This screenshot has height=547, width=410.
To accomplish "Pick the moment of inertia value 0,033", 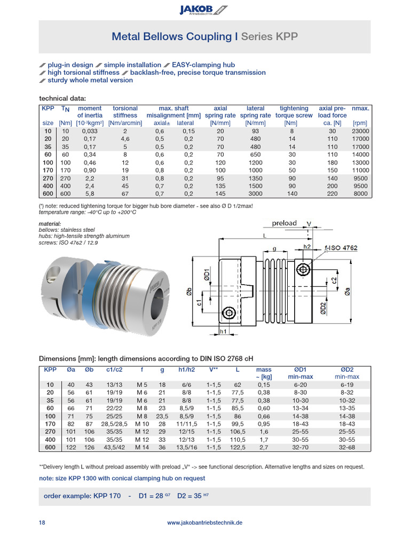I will [89, 131].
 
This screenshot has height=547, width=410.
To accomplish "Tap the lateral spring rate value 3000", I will [255, 193].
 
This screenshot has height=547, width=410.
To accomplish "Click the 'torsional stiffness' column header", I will [125, 112].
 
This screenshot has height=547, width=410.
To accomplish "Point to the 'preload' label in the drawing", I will [285, 223].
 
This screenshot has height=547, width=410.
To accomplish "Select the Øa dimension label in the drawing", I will [348, 292].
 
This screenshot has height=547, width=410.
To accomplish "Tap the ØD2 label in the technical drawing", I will [324, 308].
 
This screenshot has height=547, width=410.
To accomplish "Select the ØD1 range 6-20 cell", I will [300, 385].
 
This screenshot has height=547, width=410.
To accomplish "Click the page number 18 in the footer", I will [42, 522].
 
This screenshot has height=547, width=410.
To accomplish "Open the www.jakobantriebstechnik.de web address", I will [205, 522].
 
